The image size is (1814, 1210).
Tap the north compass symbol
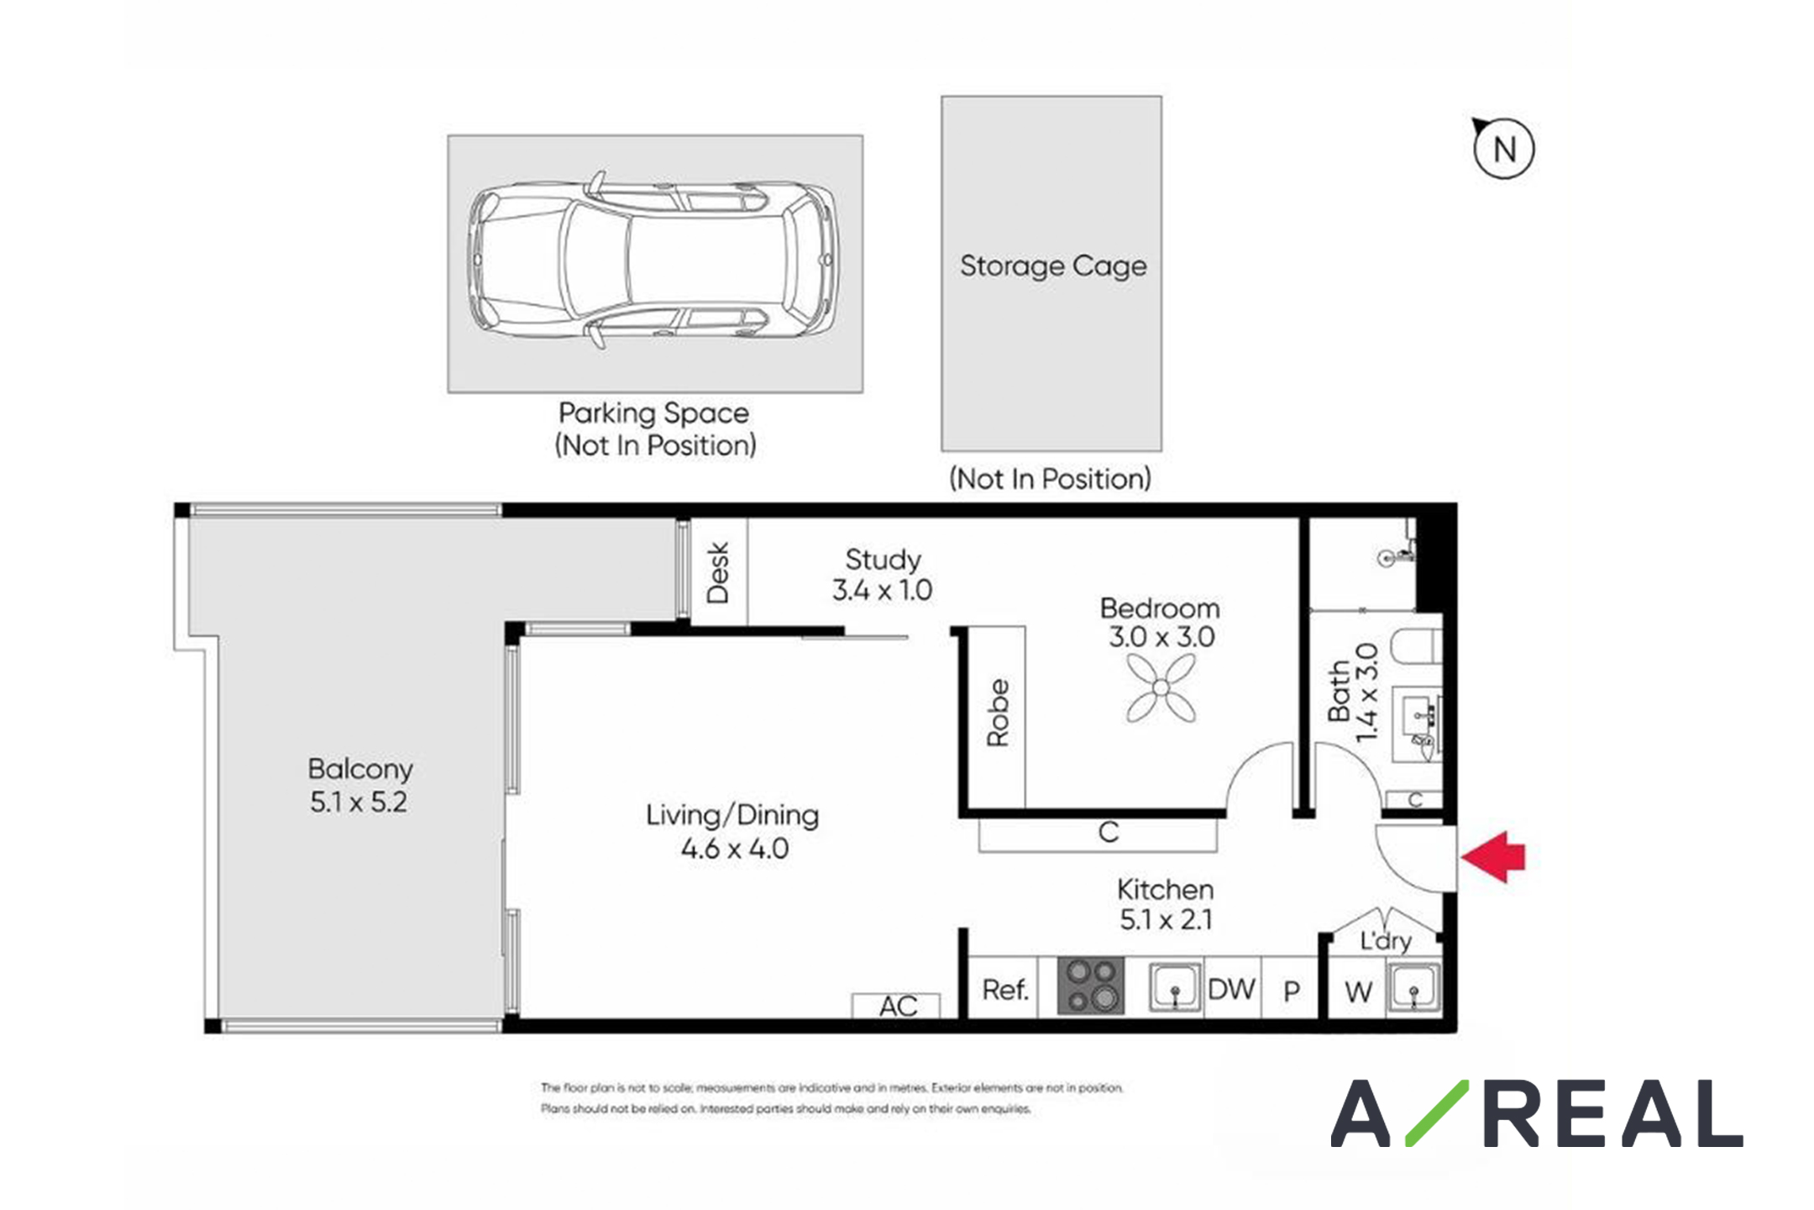point(1503,149)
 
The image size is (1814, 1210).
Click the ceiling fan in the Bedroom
point(1161,688)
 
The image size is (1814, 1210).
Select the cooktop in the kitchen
point(1090,986)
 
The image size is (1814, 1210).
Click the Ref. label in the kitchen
point(1005,990)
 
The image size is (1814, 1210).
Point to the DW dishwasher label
point(1231,989)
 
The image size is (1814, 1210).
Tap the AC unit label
point(898,1006)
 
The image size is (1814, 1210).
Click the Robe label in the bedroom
point(997,713)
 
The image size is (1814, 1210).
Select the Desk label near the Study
point(717,572)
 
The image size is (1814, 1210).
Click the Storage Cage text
point(1053,266)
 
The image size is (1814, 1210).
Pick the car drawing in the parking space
point(653,260)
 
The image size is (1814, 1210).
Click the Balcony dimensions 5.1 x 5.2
point(359,802)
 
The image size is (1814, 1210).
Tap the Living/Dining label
point(732,815)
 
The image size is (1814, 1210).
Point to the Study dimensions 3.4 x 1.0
point(882,590)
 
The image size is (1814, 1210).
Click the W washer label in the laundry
point(1358,992)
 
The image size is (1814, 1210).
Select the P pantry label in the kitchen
point(1292,992)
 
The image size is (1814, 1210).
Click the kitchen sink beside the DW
point(1175,987)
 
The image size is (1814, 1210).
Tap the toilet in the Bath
point(1417,646)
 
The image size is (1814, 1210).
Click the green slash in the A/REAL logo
point(1437,1113)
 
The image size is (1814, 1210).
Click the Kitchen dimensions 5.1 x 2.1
point(1167,920)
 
